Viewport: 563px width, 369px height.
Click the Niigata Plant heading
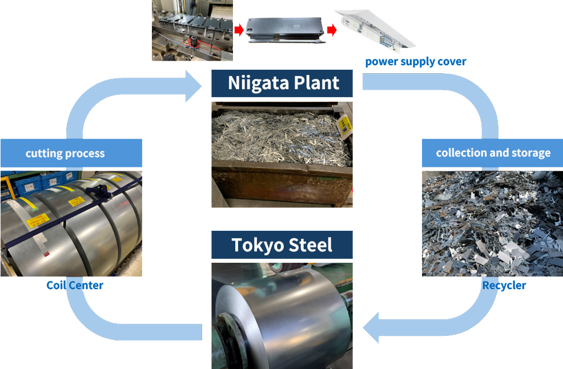[x=282, y=83]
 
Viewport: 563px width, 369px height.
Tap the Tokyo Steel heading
[x=282, y=245]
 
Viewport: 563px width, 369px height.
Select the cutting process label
[x=65, y=153]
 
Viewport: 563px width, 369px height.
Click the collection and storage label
[x=493, y=153]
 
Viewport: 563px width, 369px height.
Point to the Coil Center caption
[x=75, y=285]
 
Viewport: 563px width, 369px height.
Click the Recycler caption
[x=504, y=285]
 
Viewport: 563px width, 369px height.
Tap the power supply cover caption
[x=415, y=62]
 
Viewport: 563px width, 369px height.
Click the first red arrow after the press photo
[x=239, y=29]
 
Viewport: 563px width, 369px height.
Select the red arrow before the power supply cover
[x=331, y=29]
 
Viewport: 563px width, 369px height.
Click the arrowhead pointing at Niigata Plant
[x=194, y=86]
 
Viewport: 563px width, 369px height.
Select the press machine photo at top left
[x=192, y=30]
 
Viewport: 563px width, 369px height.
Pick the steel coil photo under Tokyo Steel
[x=282, y=317]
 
